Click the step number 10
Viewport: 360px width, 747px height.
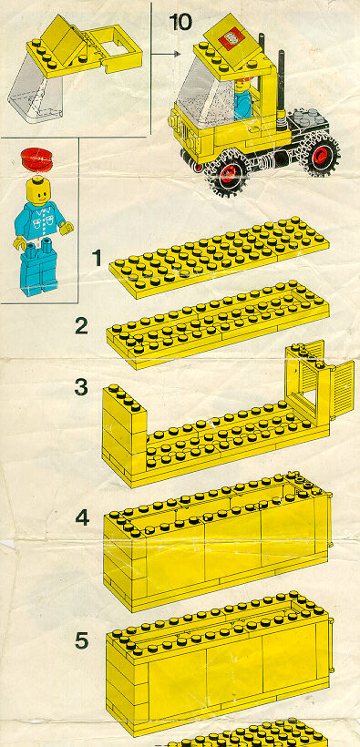pos(180,22)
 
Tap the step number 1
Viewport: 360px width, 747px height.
pos(98,258)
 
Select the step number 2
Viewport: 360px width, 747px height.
pos(81,325)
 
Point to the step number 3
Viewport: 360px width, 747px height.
pos(81,387)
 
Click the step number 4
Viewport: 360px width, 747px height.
pos(82,517)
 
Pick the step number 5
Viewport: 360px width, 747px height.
pos(81,640)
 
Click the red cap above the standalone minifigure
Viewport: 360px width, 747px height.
pos(36,159)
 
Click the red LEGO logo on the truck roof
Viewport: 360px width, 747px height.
pos(231,39)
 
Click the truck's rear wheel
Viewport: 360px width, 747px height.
pos(321,151)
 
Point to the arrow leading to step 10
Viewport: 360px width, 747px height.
pos(166,54)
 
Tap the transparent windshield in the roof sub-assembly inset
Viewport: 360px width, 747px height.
pos(35,94)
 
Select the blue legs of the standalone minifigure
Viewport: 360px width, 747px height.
pos(38,268)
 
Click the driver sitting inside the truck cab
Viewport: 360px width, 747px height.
pos(243,97)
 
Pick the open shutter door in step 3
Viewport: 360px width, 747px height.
pos(342,389)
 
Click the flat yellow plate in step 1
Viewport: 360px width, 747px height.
pos(220,257)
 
